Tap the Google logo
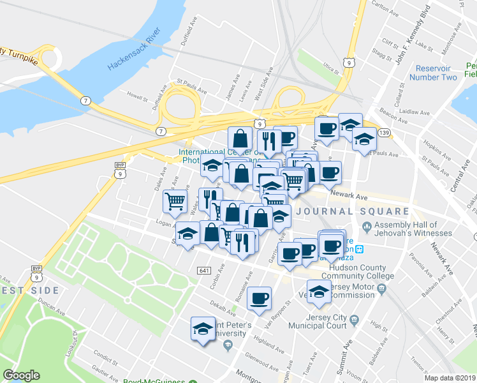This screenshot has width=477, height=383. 21,376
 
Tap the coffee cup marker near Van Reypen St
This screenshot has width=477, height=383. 259,299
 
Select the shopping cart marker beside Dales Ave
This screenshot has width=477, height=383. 175,202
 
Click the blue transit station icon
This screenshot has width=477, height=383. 360,249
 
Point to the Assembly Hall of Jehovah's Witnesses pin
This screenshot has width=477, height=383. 367,226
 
